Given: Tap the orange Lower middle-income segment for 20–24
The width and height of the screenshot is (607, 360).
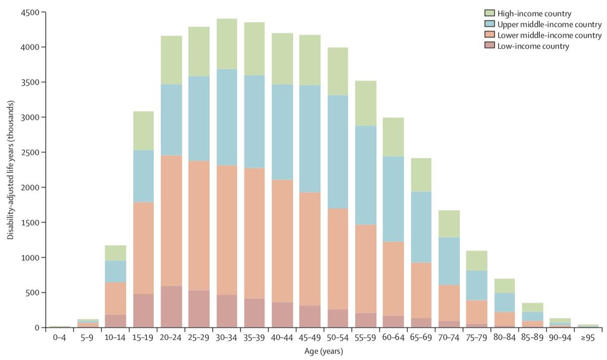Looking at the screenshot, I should [x=171, y=220].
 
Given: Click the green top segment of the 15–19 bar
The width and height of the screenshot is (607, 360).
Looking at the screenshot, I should [x=144, y=130].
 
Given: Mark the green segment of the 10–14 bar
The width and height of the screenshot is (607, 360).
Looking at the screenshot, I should [x=116, y=253].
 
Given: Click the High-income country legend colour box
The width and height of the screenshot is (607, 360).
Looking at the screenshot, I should [x=489, y=13].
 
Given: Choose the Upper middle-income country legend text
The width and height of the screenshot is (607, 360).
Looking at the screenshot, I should [x=549, y=24].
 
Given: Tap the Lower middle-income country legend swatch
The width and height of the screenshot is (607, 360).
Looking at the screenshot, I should [x=489, y=35].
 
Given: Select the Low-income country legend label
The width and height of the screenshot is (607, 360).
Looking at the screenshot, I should [x=533, y=47].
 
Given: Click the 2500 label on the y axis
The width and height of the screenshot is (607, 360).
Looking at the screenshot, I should [x=33, y=152].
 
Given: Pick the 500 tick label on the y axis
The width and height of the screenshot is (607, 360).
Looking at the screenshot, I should [x=35, y=293].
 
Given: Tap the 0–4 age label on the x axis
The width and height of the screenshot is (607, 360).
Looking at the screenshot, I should [x=60, y=336].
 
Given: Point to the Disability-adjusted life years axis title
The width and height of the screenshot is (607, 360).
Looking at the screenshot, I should [x=10, y=169].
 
